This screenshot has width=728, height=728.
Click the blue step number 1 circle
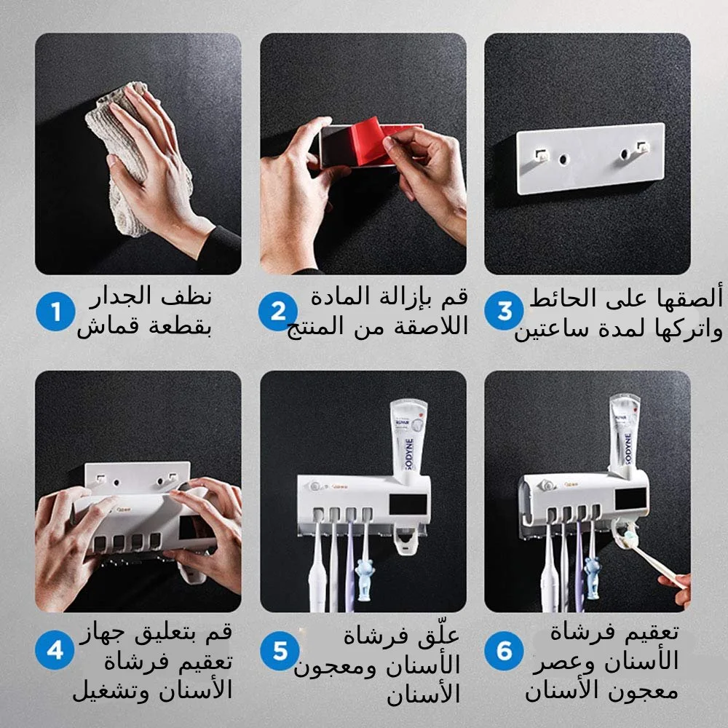pyautogui.click(x=53, y=312)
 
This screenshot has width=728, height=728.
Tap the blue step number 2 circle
pyautogui.click(x=277, y=312)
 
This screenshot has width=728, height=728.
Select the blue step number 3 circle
pyautogui.click(x=505, y=312)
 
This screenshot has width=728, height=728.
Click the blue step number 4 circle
pyautogui.click(x=55, y=650)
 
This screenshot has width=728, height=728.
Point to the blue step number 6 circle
pyautogui.click(x=505, y=650)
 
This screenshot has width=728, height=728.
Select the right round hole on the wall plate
pyautogui.click(x=624, y=154)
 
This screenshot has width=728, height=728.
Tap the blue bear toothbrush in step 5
pyautogui.click(x=364, y=579)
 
